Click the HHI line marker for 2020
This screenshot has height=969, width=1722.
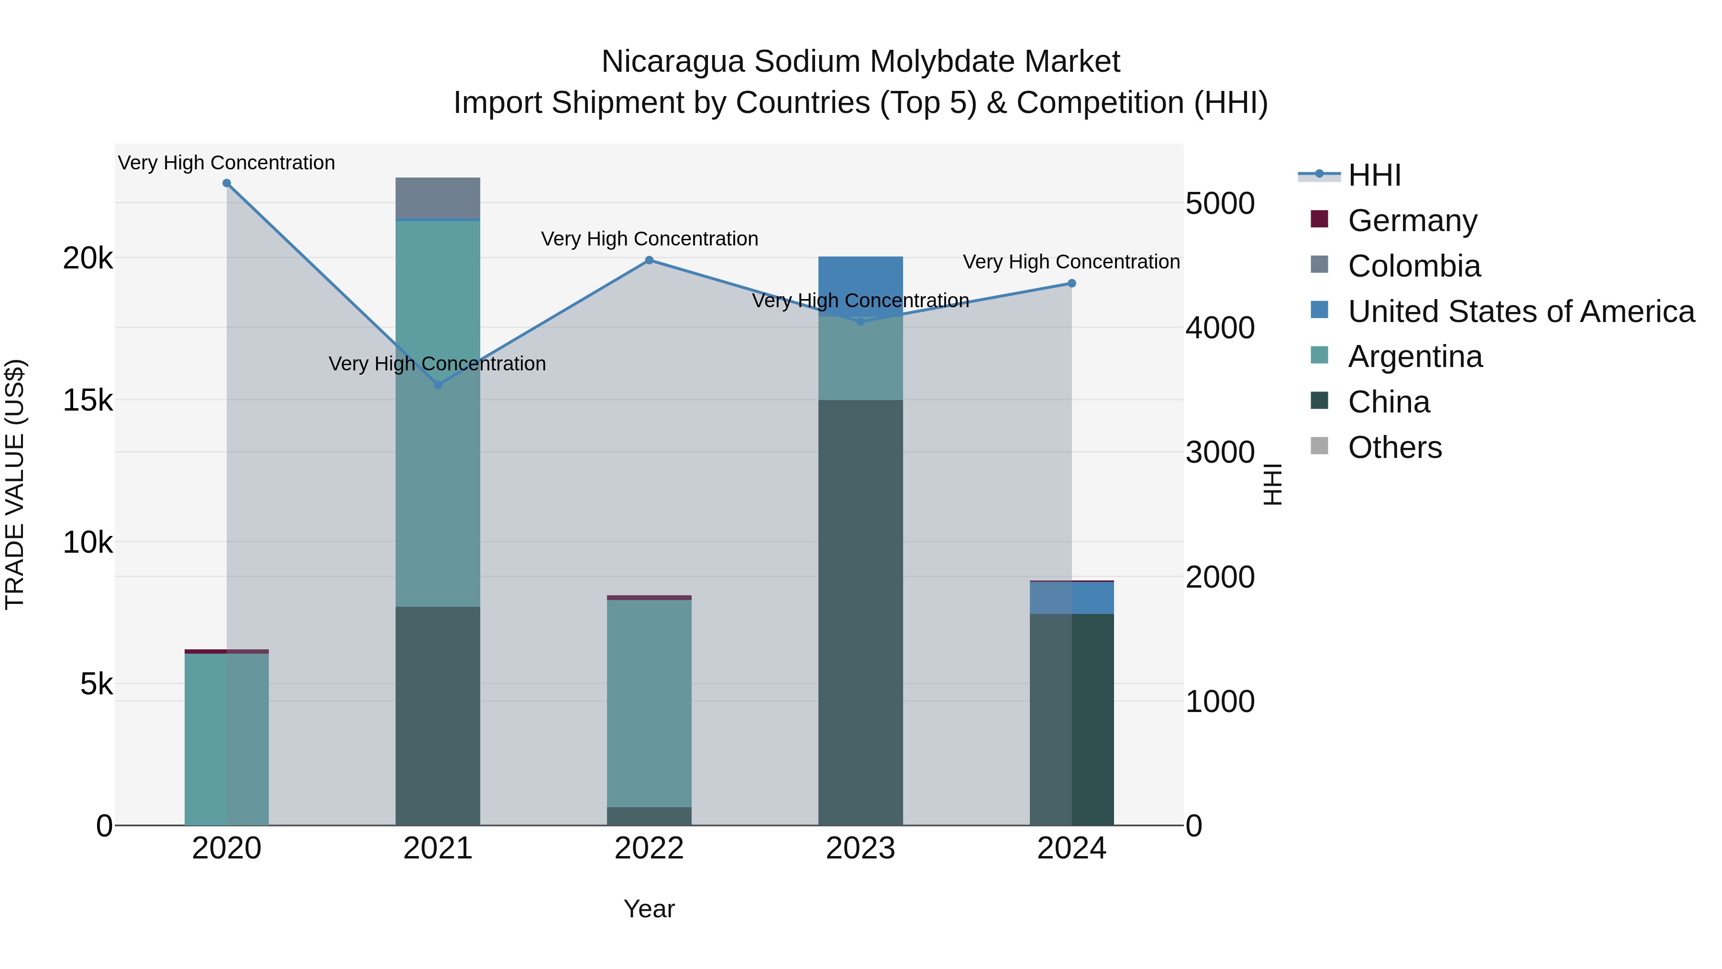click(227, 183)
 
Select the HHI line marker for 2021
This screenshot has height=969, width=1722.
click(438, 385)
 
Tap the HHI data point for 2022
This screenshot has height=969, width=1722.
click(649, 260)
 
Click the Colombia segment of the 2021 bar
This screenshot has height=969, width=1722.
click(438, 198)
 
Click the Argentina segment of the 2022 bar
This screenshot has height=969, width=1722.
click(649, 702)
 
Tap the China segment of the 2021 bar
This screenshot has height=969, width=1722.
click(438, 715)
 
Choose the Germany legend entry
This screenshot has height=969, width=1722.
click(1412, 221)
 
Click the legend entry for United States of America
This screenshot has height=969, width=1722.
click(1521, 312)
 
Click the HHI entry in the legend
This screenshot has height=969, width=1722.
click(1374, 175)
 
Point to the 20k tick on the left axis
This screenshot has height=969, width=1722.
click(88, 258)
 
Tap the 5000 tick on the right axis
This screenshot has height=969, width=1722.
click(1220, 203)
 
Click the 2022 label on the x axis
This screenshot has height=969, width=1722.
click(649, 848)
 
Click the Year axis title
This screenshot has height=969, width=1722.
click(649, 909)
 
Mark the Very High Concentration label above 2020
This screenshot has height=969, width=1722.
click(227, 163)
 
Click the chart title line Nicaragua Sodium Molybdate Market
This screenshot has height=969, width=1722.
click(861, 62)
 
